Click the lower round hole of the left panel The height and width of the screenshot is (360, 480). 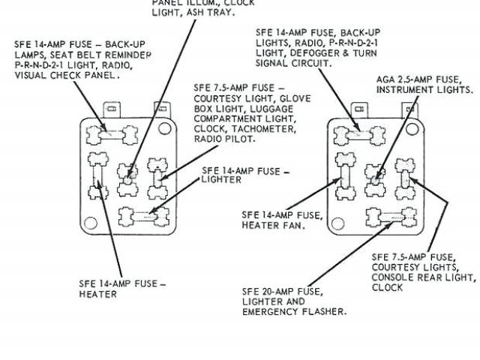pos(91,223)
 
